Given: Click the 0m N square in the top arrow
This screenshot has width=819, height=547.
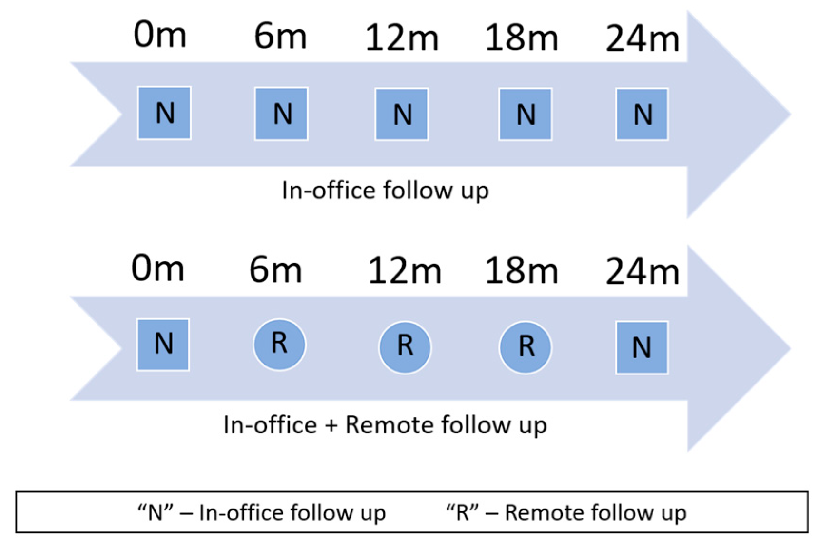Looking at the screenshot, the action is [164, 113].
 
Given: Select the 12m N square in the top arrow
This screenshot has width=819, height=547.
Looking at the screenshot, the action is [401, 114].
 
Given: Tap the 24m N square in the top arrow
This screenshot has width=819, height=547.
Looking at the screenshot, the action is [642, 114].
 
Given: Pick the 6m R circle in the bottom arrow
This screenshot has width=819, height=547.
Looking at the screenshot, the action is [279, 344].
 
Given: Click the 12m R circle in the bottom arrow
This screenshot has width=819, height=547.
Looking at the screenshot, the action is [405, 347].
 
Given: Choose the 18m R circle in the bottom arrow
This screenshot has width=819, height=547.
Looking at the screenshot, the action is [525, 347].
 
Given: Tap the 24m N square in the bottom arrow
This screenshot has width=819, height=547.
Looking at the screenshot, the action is [642, 347].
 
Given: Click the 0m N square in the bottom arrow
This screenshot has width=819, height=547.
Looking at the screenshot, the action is [163, 344].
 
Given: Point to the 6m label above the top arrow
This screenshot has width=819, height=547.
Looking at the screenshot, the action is [280, 36].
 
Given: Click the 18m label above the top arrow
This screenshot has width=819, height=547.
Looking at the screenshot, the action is [521, 38].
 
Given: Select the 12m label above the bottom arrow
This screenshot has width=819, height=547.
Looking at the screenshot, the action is [405, 271].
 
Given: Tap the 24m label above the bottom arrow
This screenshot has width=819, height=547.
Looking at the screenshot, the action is [643, 272].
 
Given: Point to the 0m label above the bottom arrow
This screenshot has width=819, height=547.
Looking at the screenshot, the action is [157, 269].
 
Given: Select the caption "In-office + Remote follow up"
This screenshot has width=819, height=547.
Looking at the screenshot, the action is [385, 425].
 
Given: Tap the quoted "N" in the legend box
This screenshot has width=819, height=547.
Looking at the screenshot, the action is [155, 513].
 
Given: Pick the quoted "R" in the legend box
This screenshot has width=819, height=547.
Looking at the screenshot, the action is [462, 513].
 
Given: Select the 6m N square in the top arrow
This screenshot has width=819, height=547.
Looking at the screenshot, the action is [282, 114].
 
